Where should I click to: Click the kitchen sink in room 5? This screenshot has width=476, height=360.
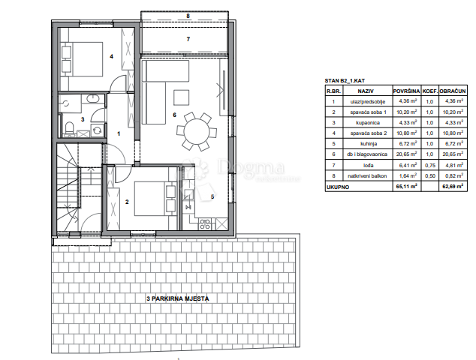click(188, 196)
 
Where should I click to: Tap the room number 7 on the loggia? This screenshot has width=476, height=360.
click(189, 38)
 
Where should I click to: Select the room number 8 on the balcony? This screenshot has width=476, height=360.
click(189, 15)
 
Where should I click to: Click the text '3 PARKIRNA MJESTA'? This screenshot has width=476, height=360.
click(178, 298)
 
